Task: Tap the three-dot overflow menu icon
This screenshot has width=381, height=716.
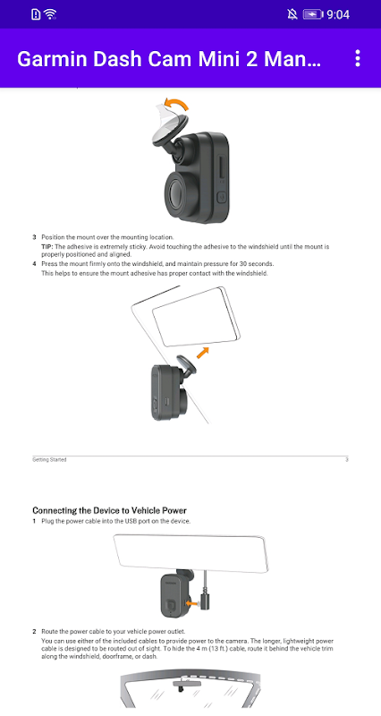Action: [x=357, y=58]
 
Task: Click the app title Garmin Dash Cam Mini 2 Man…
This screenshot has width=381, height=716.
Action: [x=169, y=59]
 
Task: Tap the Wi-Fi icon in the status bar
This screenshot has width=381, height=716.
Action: [x=50, y=14]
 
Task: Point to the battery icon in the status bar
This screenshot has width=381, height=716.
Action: [x=313, y=14]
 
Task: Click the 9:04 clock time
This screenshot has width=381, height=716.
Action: [x=338, y=14]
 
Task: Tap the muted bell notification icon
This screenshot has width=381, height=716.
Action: [x=292, y=14]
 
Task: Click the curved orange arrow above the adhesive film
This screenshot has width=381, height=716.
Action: [x=176, y=104]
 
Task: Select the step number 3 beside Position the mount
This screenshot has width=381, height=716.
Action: [x=34, y=237]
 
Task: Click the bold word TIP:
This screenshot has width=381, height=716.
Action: [x=47, y=247]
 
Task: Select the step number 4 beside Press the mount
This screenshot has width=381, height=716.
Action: [x=34, y=263]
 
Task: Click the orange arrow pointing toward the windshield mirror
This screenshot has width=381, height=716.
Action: [x=203, y=352]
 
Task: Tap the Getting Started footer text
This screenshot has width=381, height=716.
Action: [x=49, y=459]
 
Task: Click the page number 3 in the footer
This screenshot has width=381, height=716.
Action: [x=347, y=459]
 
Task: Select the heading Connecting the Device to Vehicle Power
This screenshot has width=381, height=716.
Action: [x=109, y=510]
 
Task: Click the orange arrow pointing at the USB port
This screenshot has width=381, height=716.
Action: [x=194, y=603]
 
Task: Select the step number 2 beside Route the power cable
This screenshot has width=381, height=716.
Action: [x=34, y=632]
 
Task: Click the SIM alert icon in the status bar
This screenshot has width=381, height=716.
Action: [x=36, y=14]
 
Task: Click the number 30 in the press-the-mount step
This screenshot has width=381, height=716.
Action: [x=243, y=263]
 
